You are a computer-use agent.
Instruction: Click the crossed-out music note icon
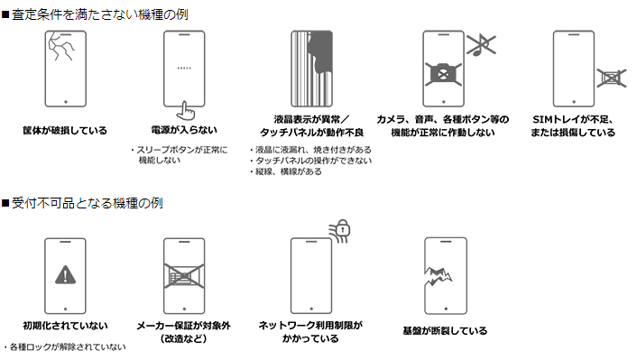481,45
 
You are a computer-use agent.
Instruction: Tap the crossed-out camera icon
443,74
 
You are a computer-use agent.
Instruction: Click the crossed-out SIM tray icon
611,78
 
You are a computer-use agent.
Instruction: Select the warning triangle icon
65,274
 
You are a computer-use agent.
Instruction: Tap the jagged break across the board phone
438,276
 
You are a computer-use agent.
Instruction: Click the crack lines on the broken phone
61,46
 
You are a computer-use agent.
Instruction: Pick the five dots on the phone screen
184,69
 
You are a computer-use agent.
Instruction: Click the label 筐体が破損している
65,131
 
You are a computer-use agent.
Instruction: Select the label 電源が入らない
184,130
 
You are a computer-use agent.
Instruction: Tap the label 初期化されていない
65,326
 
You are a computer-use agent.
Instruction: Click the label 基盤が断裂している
445,331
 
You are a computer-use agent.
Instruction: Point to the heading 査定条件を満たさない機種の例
100,14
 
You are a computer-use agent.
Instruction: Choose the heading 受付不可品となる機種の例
88,203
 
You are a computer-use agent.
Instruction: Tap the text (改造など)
184,338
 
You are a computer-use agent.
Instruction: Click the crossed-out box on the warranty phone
184,275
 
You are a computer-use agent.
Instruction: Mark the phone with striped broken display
311,69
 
